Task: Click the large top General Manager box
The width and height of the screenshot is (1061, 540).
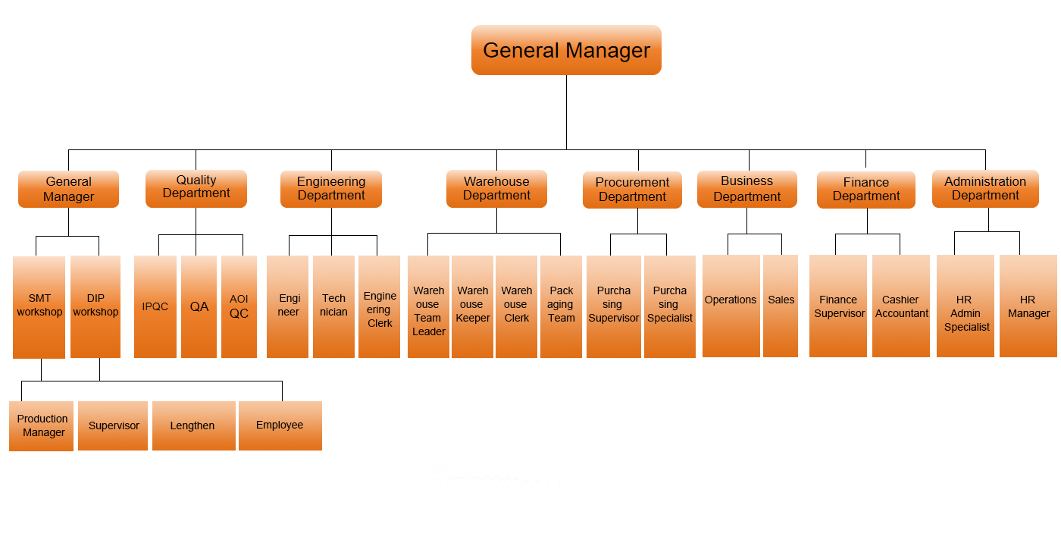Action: tap(566, 50)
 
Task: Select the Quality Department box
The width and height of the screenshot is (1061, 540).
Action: tap(196, 188)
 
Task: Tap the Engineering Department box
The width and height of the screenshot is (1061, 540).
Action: tap(331, 189)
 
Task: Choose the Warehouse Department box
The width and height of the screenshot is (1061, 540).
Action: tap(496, 189)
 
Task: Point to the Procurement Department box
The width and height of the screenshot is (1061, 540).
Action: tap(632, 190)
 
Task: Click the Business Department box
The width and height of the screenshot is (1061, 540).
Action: tap(746, 189)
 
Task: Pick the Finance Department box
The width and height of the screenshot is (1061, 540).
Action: tap(865, 190)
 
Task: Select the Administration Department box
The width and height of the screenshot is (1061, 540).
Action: tap(985, 189)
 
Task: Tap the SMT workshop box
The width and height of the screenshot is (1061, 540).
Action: tap(40, 306)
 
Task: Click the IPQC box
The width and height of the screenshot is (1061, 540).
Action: tap(155, 306)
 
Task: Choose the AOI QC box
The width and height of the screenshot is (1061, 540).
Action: tap(239, 306)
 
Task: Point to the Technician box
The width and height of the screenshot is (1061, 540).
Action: tap(333, 306)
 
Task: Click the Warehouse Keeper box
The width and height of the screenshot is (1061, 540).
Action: tap(472, 306)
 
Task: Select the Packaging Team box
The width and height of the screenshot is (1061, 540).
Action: tap(561, 306)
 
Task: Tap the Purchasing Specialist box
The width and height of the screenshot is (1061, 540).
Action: tap(670, 306)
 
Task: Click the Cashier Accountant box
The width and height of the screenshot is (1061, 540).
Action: tap(901, 306)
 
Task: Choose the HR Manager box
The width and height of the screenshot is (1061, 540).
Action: tap(1028, 306)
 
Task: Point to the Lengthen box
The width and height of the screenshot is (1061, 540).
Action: tap(193, 425)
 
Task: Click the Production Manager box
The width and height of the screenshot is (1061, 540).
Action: tap(42, 425)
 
